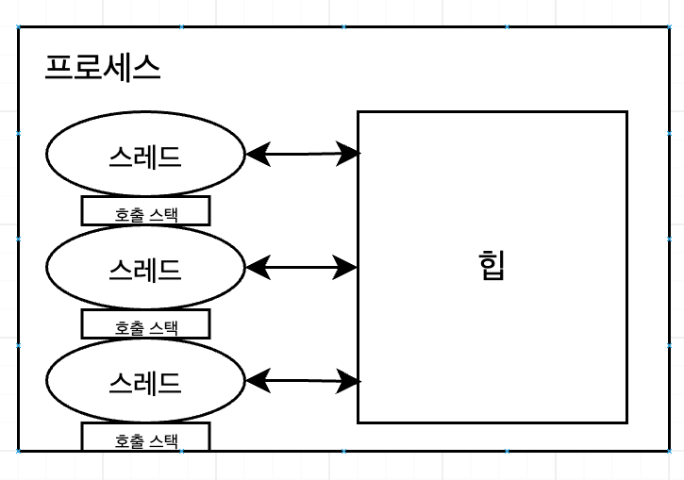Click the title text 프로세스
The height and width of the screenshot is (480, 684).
[x=103, y=68]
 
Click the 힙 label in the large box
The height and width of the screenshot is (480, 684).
[x=492, y=265]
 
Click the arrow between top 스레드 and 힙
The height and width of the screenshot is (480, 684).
[x=303, y=154]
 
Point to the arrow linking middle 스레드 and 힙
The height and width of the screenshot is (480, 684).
[x=302, y=267]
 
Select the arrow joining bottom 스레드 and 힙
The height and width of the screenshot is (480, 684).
[x=303, y=381]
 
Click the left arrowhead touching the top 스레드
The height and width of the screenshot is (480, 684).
[x=259, y=154]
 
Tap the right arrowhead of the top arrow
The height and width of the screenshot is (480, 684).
[x=348, y=154]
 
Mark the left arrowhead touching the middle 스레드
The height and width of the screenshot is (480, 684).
[x=259, y=267]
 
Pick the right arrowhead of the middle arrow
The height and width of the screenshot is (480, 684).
[x=345, y=267]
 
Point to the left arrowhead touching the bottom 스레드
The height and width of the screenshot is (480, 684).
[x=259, y=381]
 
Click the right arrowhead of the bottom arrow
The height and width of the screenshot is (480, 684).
[x=348, y=382]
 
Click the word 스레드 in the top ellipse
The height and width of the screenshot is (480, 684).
[x=145, y=157]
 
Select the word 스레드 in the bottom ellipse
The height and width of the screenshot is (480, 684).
[x=145, y=384]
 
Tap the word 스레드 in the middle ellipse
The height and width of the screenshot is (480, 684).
[x=145, y=271]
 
